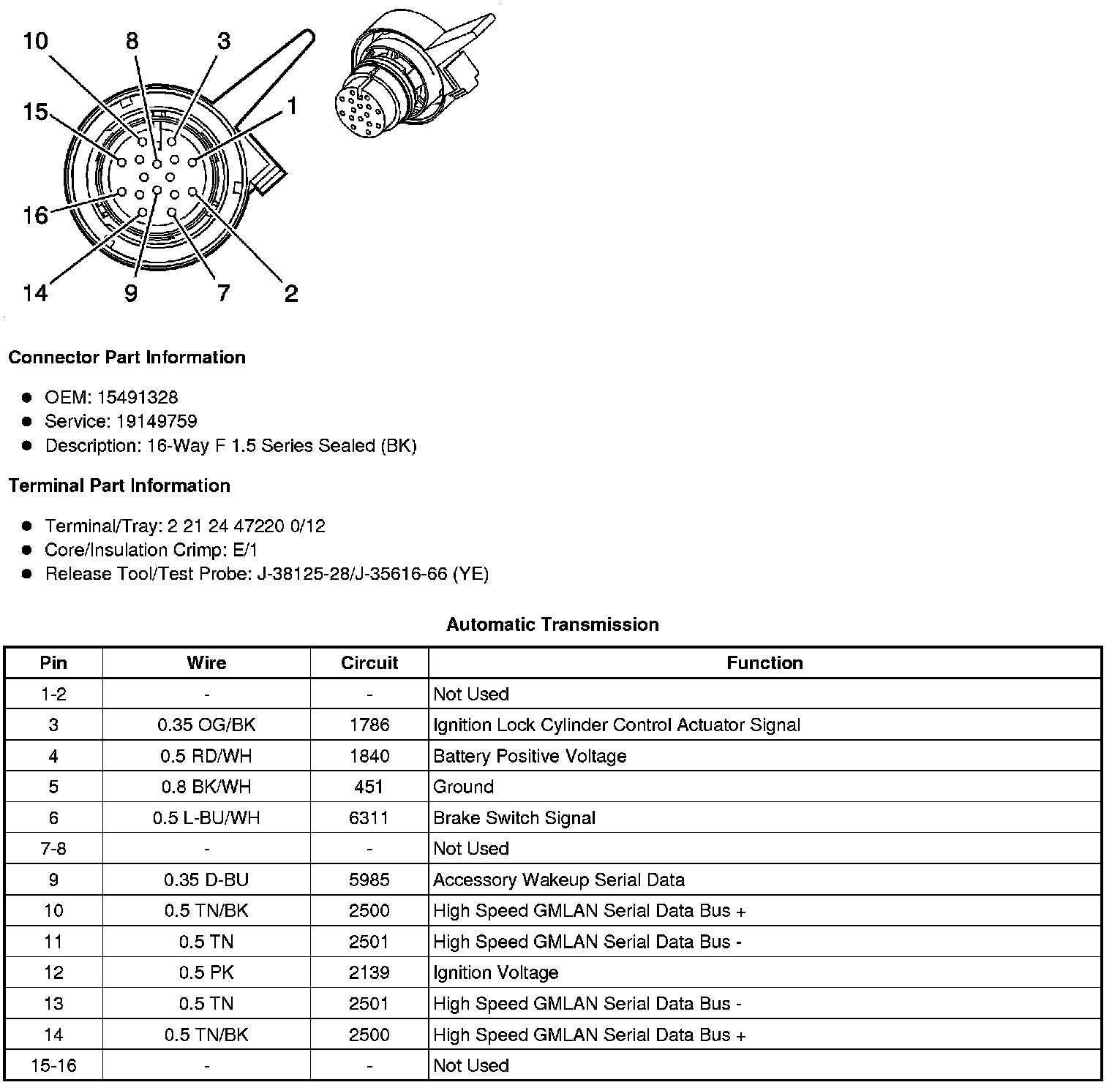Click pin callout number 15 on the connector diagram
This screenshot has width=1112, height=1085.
pos(35,113)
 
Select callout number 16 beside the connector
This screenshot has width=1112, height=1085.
pos(35,216)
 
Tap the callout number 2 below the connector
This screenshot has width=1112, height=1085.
pos(291,294)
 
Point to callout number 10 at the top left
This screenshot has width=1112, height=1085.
pos(35,41)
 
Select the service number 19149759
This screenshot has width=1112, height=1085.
pos(157,422)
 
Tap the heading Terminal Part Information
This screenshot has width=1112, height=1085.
pos(119,486)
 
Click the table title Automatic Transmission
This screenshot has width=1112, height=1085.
pos(552,624)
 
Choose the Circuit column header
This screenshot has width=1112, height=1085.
pos(369,663)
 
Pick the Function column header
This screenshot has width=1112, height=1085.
pos(764,663)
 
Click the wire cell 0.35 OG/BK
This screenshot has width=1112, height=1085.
pos(206,725)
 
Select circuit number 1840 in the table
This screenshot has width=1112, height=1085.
pos(369,756)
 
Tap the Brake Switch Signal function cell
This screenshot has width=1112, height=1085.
pos(514,818)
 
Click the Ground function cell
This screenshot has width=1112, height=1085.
pos(464,787)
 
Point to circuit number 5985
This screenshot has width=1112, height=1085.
pos(369,880)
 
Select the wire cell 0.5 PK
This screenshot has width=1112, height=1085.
pos(206,972)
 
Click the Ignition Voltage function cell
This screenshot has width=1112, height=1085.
pos(496,972)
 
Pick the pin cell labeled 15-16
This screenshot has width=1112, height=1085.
pos(53,1065)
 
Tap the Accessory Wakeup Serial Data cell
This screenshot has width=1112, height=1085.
pos(559,880)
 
